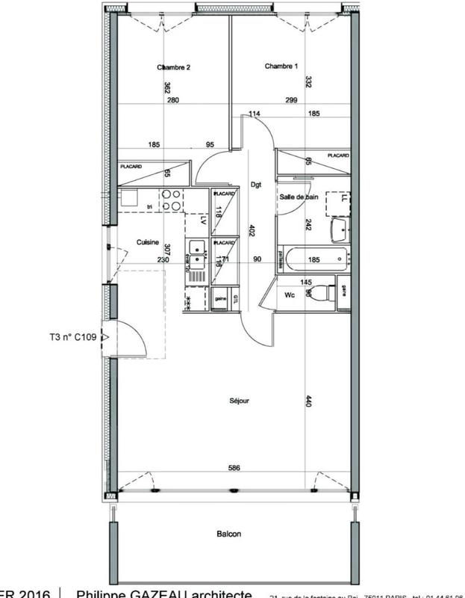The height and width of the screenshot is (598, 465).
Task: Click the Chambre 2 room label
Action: [x=174, y=67]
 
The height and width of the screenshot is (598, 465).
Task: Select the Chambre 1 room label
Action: [x=281, y=67]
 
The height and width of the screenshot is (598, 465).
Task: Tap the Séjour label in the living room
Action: [x=239, y=401]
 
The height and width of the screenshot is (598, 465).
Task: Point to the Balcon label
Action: [x=229, y=534]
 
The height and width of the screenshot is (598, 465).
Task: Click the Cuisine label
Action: [x=148, y=242]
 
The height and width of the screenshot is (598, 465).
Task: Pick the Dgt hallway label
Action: [x=255, y=184]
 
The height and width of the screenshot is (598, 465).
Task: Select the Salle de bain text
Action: [x=299, y=196]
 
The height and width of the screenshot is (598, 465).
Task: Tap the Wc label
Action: [x=291, y=295]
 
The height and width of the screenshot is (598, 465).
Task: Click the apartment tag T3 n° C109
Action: [x=68, y=337]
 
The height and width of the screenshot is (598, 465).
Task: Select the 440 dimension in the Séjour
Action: [x=308, y=401]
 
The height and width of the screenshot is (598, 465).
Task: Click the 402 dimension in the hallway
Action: [x=252, y=232]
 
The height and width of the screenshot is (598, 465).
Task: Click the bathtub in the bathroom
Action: [x=313, y=260]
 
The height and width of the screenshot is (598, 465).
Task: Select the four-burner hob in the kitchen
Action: [x=172, y=200]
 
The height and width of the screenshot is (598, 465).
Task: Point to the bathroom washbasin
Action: [x=340, y=229]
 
